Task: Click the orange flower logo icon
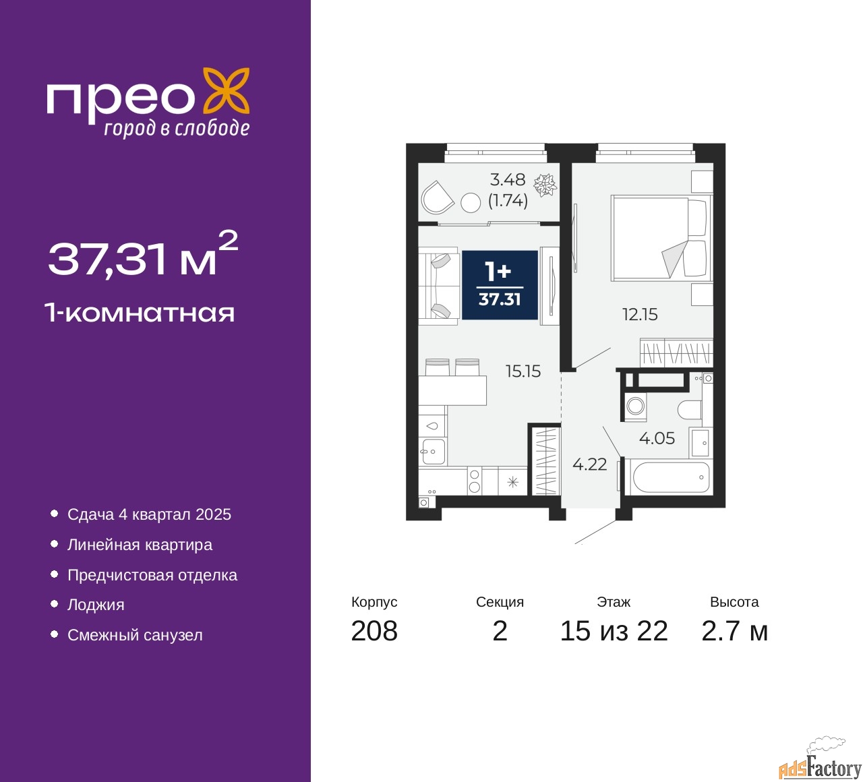click(x=227, y=96)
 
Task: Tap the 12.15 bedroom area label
click(x=640, y=314)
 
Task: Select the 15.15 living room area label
click(x=523, y=371)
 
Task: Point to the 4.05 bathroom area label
click(x=657, y=438)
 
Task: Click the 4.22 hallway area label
click(x=589, y=464)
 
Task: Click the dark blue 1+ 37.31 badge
click(x=500, y=284)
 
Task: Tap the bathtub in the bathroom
click(x=670, y=477)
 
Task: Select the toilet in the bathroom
click(x=689, y=409)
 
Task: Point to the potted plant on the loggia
click(x=545, y=185)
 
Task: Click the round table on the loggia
click(x=470, y=203)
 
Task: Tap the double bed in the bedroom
click(x=660, y=239)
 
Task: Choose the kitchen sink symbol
click(x=434, y=451)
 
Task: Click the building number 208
click(x=374, y=630)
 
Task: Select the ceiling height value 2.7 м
click(x=734, y=630)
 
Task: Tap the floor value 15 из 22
click(x=614, y=630)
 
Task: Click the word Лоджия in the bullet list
click(x=96, y=605)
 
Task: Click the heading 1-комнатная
click(x=140, y=313)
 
